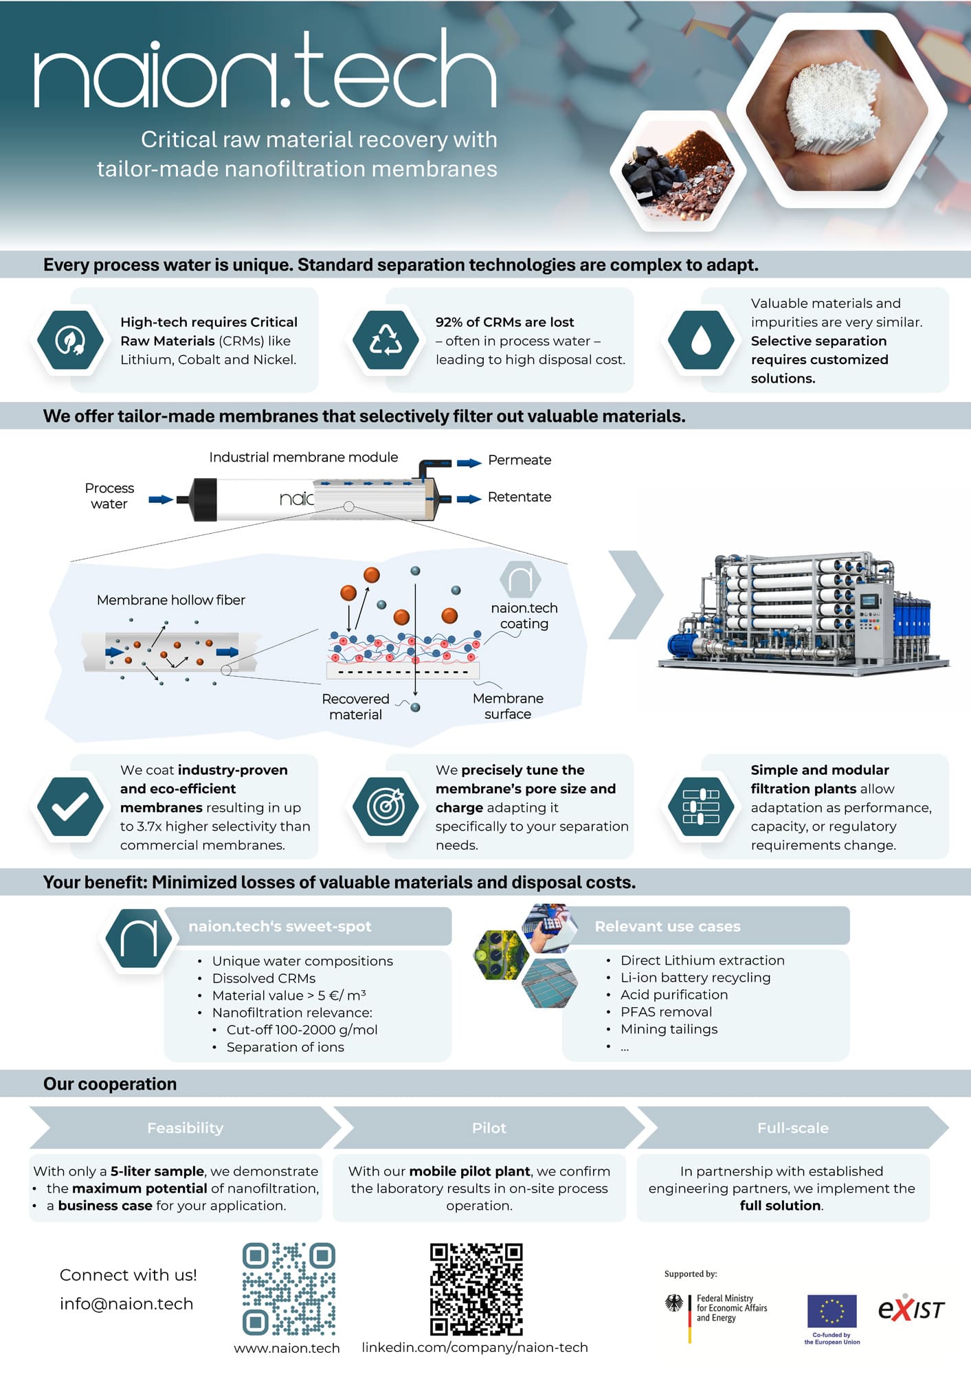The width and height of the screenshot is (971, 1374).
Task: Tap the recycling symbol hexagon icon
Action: pos(386,340)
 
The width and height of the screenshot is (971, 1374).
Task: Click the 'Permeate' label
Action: pos(520,460)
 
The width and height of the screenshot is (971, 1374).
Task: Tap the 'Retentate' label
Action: pos(520,497)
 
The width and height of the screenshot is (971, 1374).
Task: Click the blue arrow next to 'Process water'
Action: pos(160,499)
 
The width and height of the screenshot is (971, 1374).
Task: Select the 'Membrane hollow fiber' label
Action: pos(170,600)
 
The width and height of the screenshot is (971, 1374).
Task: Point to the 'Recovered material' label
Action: pos(355,707)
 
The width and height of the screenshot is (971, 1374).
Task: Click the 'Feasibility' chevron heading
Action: pos(185,1128)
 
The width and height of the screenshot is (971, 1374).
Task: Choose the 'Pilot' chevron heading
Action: pos(489,1128)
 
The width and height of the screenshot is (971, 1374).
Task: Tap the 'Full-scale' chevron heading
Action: pos(792,1128)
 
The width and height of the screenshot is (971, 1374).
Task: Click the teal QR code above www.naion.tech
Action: pos(289,1289)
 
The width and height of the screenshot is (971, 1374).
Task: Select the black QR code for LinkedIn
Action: pos(476,1289)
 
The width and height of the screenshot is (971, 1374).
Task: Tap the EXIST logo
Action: pos(911,1309)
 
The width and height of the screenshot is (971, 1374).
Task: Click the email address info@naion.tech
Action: pos(126,1304)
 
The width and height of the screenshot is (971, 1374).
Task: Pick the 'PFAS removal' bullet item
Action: pos(666,1012)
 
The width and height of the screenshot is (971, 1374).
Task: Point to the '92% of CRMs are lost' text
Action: pos(504,322)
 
